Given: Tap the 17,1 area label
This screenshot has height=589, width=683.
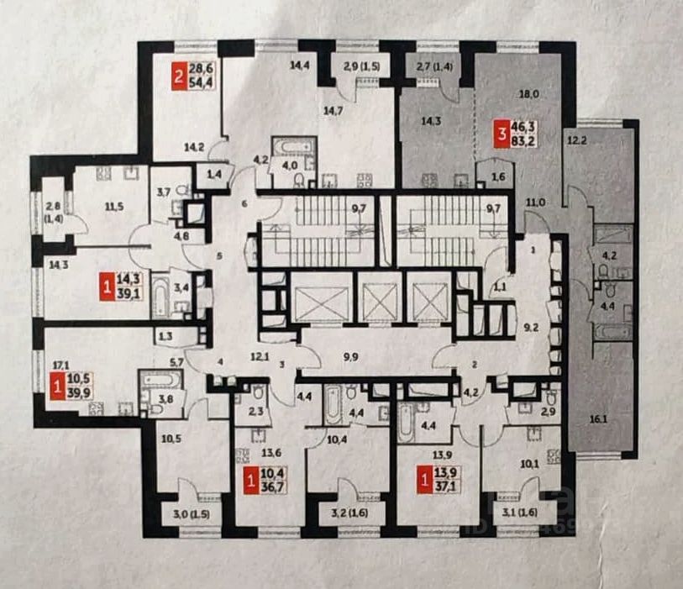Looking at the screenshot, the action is coord(60,366).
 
